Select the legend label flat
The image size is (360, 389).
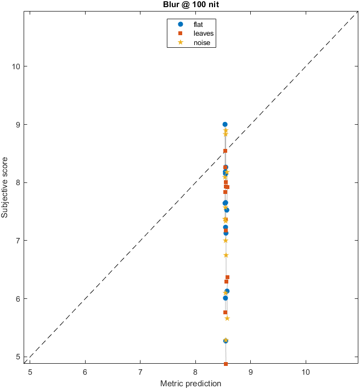click(x=199, y=24)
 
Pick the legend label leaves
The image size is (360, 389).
click(x=203, y=34)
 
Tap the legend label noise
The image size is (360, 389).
click(x=201, y=43)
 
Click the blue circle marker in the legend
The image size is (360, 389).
click(x=180, y=24)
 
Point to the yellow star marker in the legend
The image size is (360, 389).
click(x=180, y=43)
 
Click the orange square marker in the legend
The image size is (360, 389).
click(x=180, y=34)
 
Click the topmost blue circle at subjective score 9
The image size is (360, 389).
click(x=225, y=125)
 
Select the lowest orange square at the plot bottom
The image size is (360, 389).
click(x=226, y=364)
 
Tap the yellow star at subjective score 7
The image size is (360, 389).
click(x=226, y=241)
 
